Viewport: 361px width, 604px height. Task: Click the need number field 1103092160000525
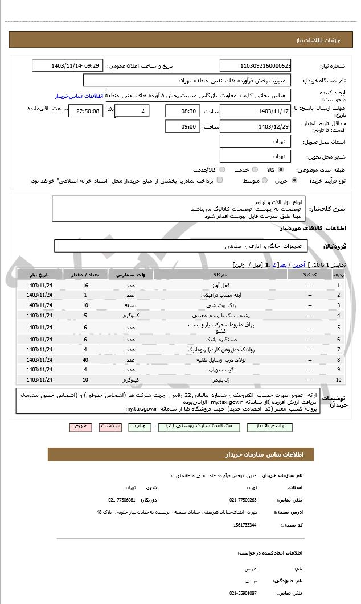(256, 65)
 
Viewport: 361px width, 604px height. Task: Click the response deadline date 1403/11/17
(256, 110)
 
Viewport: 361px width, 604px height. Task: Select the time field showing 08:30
(183, 110)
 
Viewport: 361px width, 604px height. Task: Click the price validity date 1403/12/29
(256, 126)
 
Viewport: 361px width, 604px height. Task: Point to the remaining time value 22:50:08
(86, 111)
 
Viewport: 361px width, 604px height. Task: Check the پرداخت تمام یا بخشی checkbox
(219, 180)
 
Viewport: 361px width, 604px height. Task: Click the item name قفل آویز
(220, 285)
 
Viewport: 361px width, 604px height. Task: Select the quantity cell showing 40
(85, 359)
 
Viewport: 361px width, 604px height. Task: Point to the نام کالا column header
(220, 275)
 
